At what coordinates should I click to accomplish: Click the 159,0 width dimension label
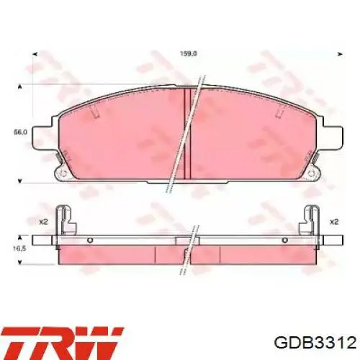pyautogui.click(x=189, y=54)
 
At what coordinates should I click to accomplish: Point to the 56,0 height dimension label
pyautogui.click(x=20, y=132)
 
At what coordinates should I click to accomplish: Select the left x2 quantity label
pyautogui.click(x=43, y=222)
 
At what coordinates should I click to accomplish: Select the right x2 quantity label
pyautogui.click(x=334, y=222)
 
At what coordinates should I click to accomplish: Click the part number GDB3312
pyautogui.click(x=315, y=343)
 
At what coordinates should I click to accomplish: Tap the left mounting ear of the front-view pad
pyautogui.click(x=42, y=137)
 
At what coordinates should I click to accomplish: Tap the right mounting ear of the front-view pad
pyautogui.click(x=333, y=137)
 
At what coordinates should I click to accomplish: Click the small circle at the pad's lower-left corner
pyautogui.click(x=63, y=174)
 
